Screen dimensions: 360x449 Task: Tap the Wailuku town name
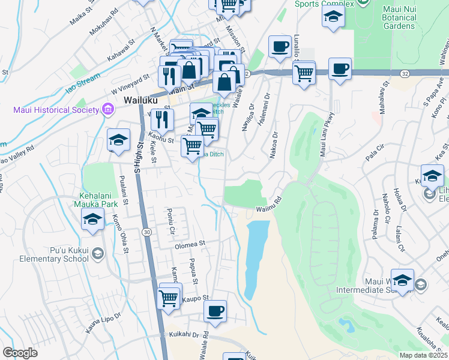tap(140, 100)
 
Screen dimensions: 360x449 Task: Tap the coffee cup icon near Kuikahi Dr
tap(215, 311)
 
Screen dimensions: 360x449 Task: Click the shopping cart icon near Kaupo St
tap(169, 297)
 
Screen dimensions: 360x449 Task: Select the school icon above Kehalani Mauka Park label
tap(92, 221)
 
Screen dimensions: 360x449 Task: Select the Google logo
tap(20, 353)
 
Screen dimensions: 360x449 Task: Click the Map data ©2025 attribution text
tap(423, 355)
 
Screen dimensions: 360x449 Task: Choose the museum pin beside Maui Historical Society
tap(107, 109)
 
